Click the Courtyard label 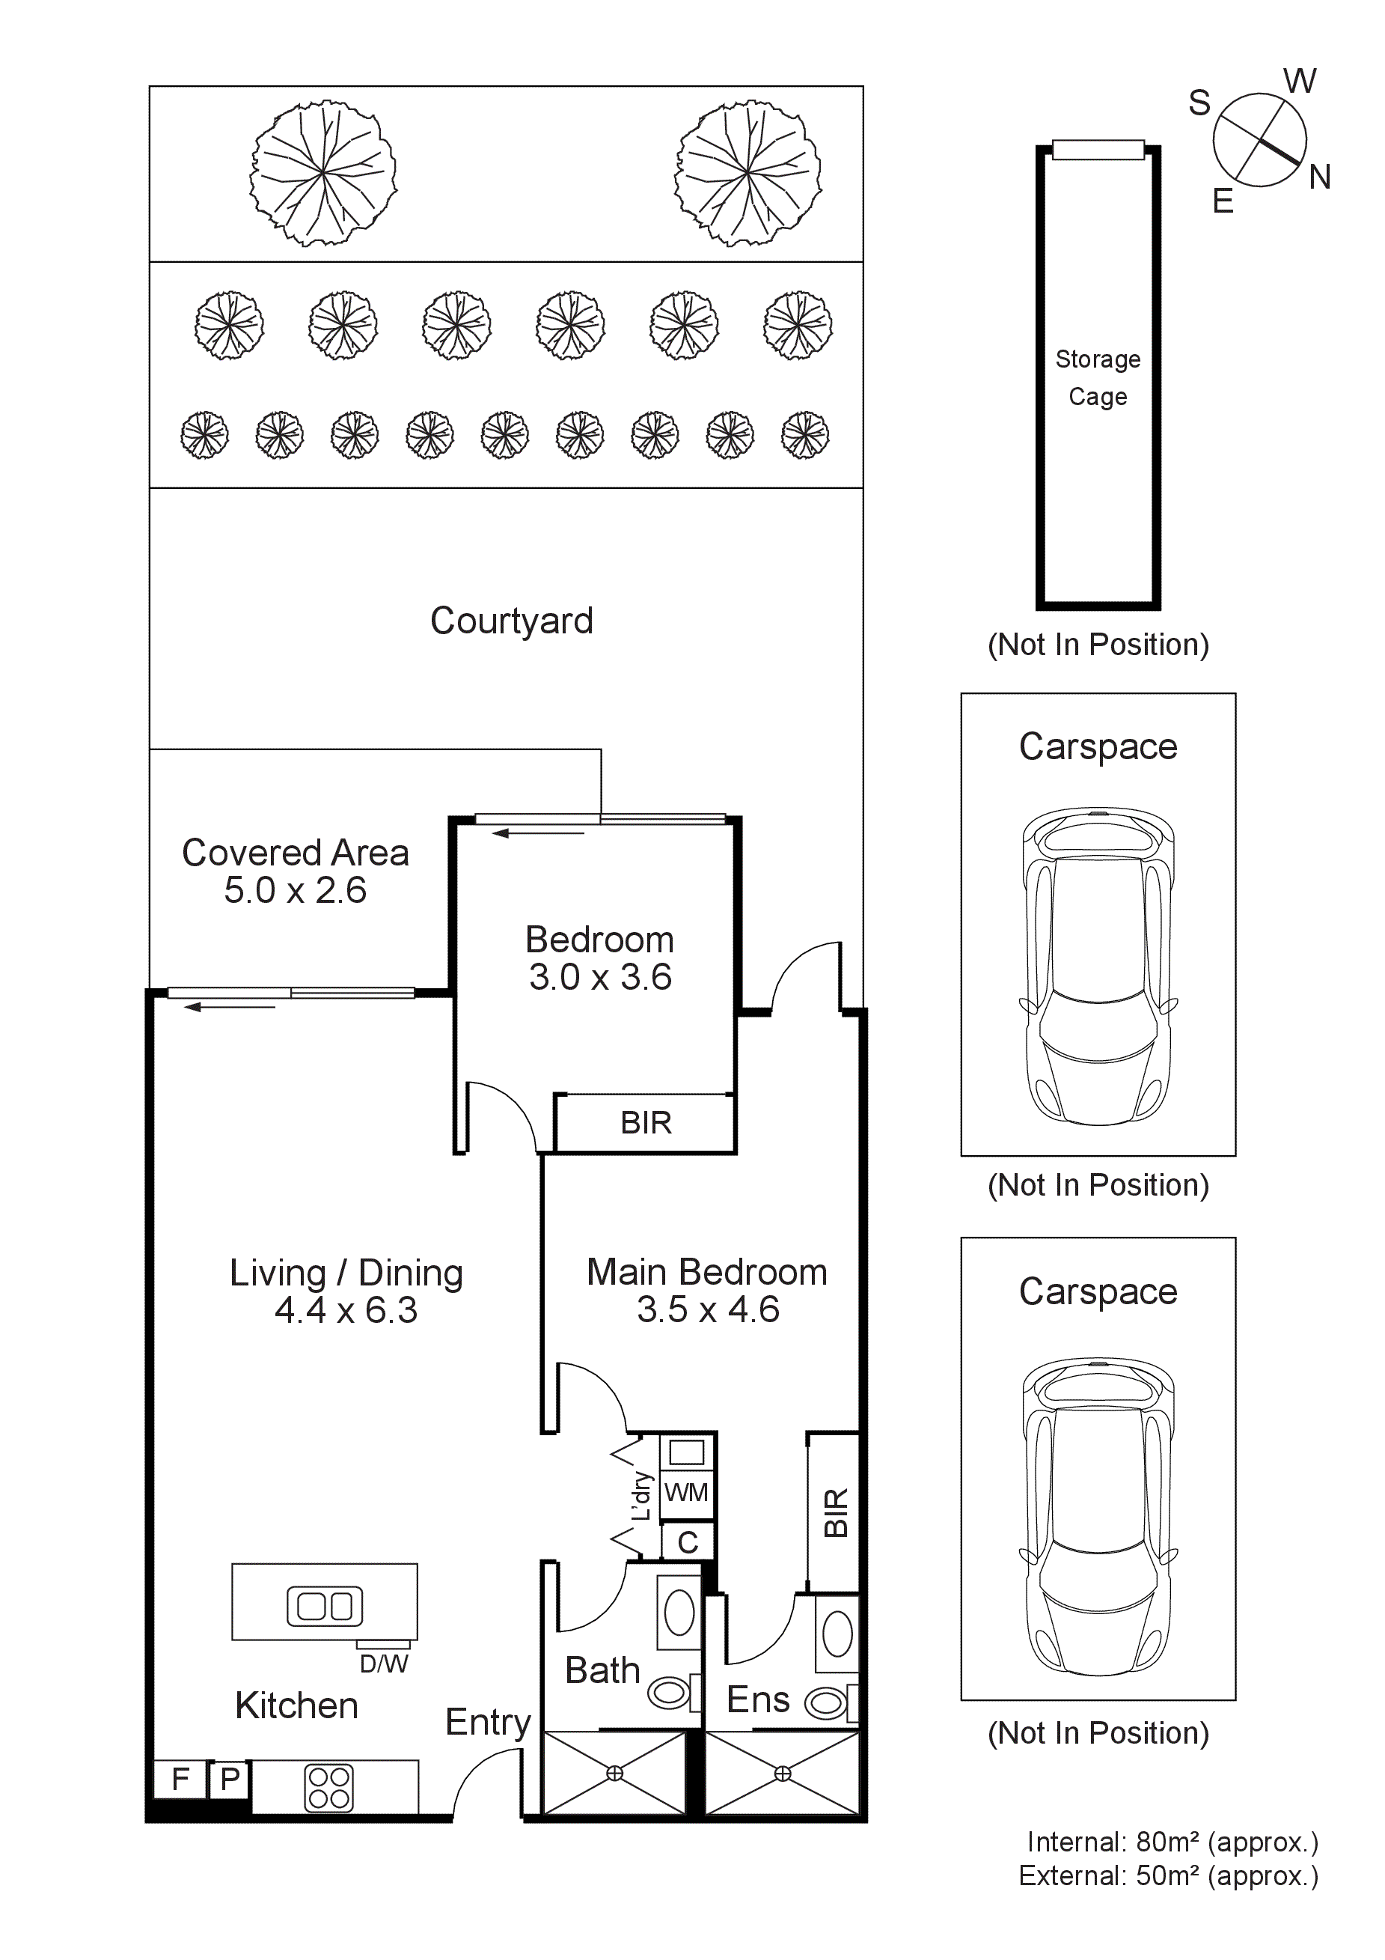tap(511, 621)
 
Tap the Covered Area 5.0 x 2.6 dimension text tap(296, 891)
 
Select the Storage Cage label tap(1098, 377)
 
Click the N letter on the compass tap(1319, 177)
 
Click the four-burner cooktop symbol tap(328, 1788)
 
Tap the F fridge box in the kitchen tap(180, 1779)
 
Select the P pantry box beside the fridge tap(229, 1779)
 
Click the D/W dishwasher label tap(383, 1664)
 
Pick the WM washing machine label tap(686, 1492)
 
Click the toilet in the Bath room tap(669, 1693)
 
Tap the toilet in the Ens tap(825, 1705)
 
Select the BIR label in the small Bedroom tap(646, 1122)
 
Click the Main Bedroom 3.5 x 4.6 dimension tap(707, 1309)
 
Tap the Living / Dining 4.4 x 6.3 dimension tap(346, 1310)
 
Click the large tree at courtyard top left tap(322, 173)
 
